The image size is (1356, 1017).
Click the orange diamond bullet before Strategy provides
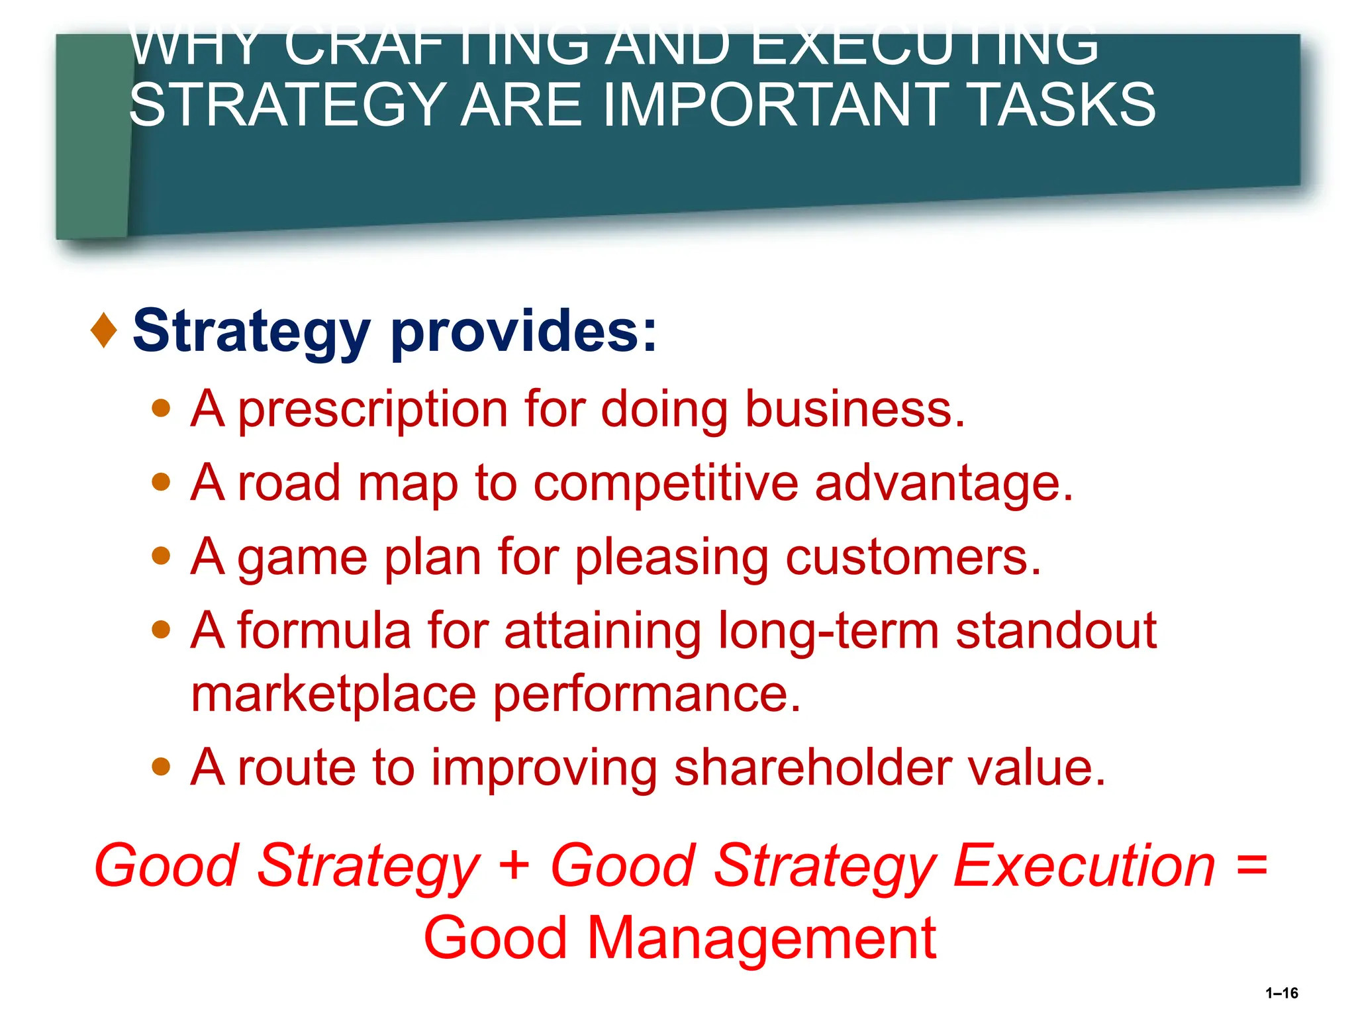click(104, 330)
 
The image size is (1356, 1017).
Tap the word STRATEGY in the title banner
click(286, 105)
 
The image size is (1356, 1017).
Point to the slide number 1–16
click(1281, 993)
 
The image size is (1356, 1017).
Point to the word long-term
click(828, 631)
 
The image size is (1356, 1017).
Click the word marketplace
click(334, 695)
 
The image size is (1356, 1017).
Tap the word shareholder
click(812, 768)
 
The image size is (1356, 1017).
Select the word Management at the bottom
click(761, 939)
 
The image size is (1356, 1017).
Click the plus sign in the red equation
click(514, 866)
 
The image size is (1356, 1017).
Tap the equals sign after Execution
click(1251, 866)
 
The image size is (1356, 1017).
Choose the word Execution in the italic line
click(1084, 866)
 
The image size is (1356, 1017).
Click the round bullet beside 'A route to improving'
click(161, 767)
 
